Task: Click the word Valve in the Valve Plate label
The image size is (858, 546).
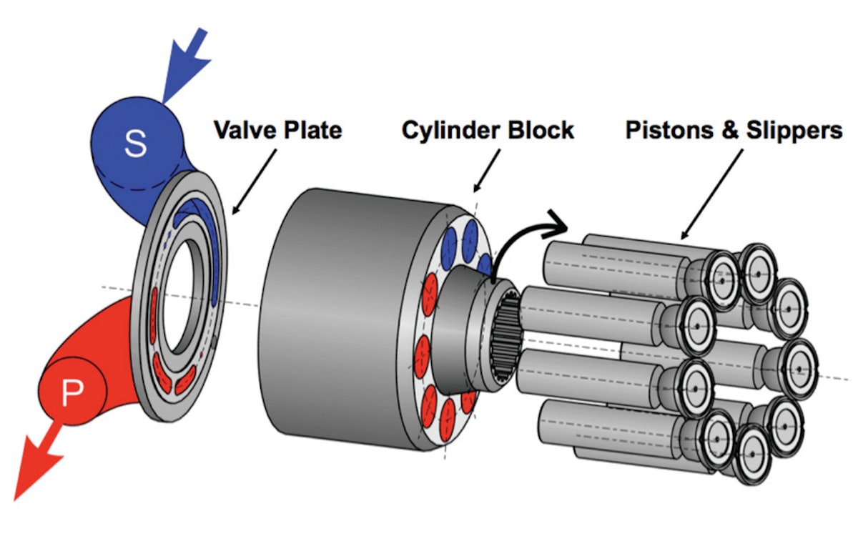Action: pyautogui.click(x=243, y=131)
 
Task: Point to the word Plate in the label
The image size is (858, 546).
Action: pyautogui.click(x=310, y=131)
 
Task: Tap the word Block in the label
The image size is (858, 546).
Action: pyautogui.click(x=539, y=130)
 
